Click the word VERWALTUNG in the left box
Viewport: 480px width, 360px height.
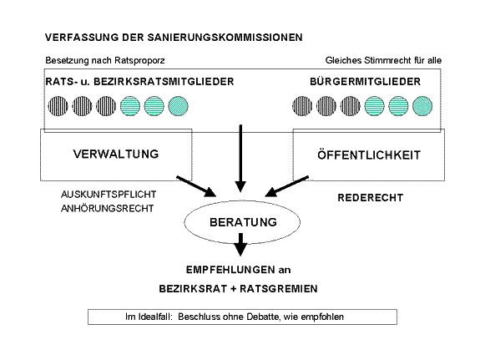[x=116, y=154]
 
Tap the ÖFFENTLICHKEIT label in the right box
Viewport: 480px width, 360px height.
[x=369, y=155]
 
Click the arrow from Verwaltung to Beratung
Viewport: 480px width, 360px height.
[x=196, y=186]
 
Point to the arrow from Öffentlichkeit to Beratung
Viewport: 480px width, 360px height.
[x=287, y=186]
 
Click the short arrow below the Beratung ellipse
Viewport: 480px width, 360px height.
[x=240, y=245]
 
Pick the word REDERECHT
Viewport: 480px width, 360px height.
[x=371, y=198]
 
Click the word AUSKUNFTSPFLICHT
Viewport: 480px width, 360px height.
[x=109, y=195]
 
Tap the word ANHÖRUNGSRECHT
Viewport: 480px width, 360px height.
[x=108, y=208]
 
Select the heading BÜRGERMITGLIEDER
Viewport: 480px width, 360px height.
[x=365, y=82]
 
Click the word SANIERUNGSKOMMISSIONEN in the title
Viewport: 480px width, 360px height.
[x=225, y=38]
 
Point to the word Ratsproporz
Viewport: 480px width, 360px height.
[x=140, y=60]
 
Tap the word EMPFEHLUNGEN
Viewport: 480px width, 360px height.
[x=230, y=270]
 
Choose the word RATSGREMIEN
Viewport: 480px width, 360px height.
[x=279, y=289]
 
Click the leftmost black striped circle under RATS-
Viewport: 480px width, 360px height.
[x=58, y=106]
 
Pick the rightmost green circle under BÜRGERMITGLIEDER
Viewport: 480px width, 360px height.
[x=422, y=106]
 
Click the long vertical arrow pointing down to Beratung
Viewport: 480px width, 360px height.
[x=240, y=159]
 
